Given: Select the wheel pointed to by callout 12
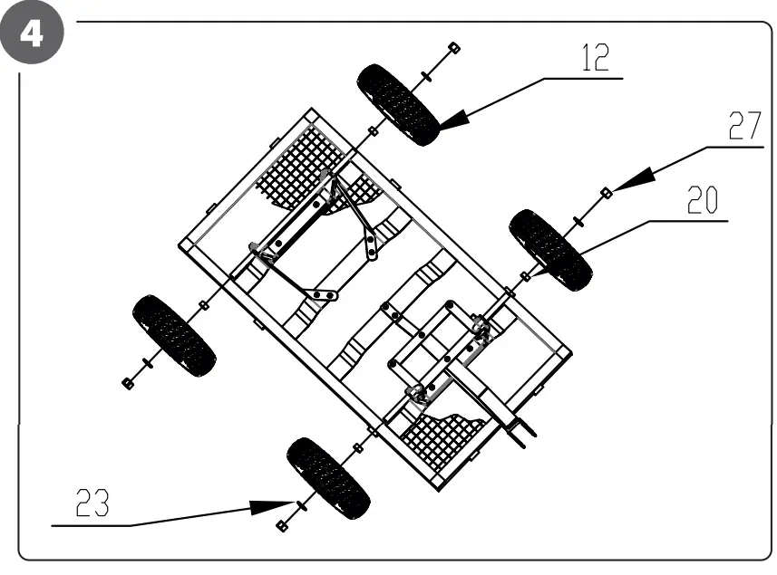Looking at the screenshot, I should tap(399, 104).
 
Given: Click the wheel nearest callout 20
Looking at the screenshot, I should tap(550, 249).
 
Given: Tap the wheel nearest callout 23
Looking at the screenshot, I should tap(328, 477).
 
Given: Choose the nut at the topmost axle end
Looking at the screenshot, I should tap(454, 46).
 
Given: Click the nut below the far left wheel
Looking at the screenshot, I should tap(128, 383).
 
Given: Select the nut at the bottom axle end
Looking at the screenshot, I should tap(282, 526).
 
